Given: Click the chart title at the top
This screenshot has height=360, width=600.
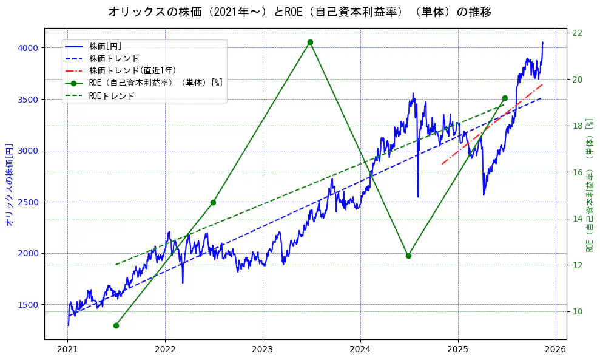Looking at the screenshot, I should click(300, 12).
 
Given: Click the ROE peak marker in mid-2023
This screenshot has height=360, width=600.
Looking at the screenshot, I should click(310, 42).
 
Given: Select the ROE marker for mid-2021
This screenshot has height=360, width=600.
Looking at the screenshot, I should click(116, 325).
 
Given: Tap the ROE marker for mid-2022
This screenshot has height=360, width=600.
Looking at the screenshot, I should click(213, 202).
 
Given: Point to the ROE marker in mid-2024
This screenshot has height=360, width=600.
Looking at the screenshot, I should click(408, 256).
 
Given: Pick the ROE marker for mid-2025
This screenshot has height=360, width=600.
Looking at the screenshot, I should click(505, 98).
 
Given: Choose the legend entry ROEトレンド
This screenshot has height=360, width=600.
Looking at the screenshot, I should click(112, 95).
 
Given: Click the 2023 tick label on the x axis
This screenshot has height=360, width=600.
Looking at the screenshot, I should click(263, 350).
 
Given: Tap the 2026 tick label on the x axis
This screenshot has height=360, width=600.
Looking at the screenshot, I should click(555, 350).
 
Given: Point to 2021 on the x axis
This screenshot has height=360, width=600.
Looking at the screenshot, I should click(68, 350).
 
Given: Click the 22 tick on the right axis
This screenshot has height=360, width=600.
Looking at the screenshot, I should click(578, 33).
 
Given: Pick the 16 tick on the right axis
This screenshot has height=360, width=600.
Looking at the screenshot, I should click(578, 172).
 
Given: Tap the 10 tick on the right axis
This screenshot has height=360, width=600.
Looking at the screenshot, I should click(578, 311).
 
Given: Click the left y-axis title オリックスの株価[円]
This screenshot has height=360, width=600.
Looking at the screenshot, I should click(9, 185).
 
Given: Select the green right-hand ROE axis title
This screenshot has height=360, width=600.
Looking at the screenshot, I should click(590, 185).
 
